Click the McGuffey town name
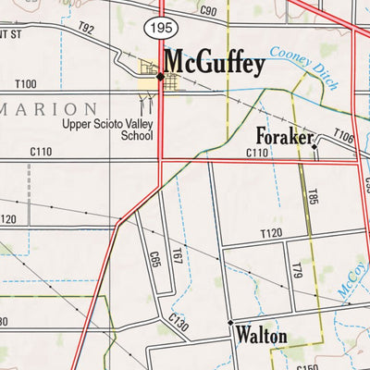[215, 64]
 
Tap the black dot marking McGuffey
[160, 77]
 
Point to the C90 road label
[207, 11]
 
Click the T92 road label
[86, 30]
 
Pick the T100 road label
[25, 84]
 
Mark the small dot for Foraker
[314, 146]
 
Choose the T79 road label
[298, 270]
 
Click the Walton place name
[261, 334]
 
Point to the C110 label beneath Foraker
[257, 153]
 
